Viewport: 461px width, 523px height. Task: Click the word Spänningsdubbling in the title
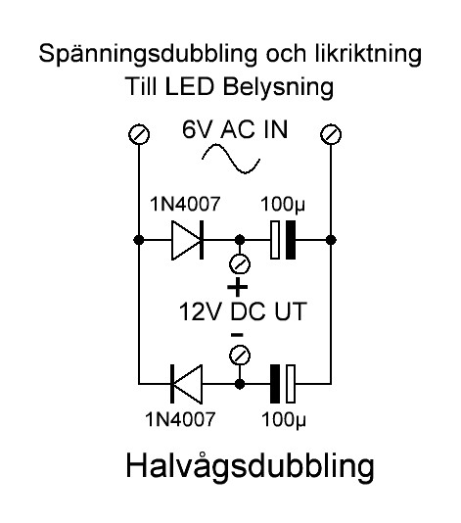point(148,54)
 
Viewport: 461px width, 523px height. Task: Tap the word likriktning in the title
point(368,53)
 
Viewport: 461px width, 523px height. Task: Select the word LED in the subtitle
point(189,86)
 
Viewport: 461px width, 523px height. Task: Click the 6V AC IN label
point(235,129)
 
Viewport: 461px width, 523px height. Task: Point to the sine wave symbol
point(231,159)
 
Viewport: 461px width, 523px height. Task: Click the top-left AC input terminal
point(139,134)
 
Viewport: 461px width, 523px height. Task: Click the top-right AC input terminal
point(331,134)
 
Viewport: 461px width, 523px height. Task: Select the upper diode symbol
point(187,240)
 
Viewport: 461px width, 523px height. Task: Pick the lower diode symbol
point(186,384)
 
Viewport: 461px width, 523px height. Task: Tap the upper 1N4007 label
point(185,204)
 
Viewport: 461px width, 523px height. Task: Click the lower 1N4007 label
point(180,419)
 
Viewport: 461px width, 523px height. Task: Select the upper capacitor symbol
point(283,240)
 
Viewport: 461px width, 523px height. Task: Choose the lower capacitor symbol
point(283,384)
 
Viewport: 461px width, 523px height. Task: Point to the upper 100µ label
point(283,204)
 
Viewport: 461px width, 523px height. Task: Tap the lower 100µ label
point(284,419)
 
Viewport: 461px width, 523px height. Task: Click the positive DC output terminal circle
point(240,264)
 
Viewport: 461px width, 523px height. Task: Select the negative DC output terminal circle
point(240,356)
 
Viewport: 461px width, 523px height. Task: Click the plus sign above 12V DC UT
point(237,287)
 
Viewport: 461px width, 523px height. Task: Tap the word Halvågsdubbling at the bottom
point(250,465)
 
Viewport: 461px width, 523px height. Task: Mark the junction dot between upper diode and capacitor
point(240,240)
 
